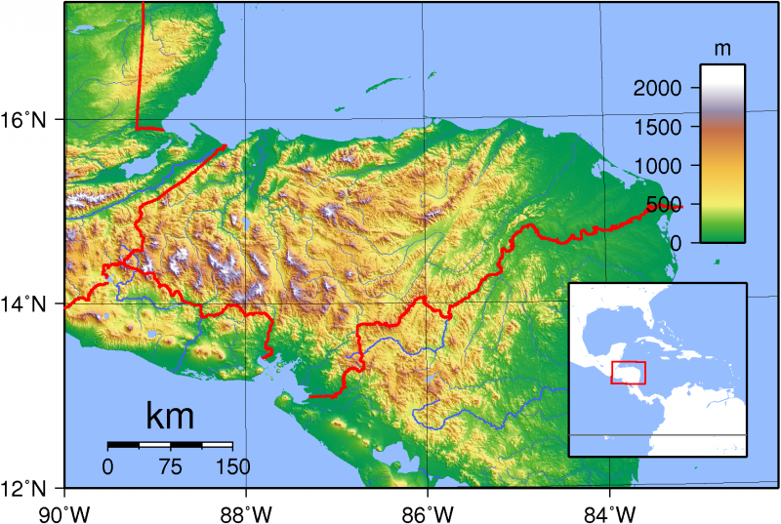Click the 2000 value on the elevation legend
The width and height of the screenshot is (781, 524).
point(666,89)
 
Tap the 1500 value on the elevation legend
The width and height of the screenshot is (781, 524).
point(666,127)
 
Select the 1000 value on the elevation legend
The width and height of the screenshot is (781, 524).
point(666,166)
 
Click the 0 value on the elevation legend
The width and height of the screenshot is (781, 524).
point(686,242)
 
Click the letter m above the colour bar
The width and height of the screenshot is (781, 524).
point(722,48)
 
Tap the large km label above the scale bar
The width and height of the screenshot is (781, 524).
point(170,417)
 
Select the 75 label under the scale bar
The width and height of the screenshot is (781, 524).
point(170,466)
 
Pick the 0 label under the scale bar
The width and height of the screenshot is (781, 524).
point(108,466)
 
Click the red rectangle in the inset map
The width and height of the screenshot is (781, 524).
point(628,372)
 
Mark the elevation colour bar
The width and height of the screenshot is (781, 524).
point(722,153)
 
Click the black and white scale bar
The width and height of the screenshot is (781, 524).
point(170,445)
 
